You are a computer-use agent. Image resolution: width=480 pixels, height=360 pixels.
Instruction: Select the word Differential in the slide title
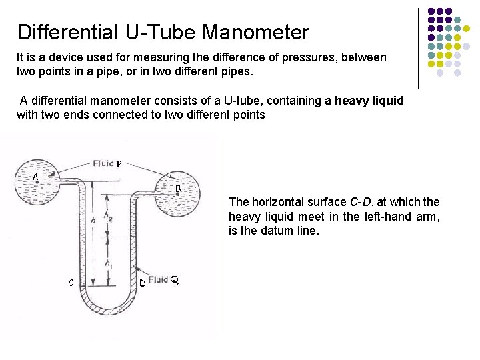(61, 31)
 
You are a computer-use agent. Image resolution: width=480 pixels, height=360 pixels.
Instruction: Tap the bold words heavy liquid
(369, 101)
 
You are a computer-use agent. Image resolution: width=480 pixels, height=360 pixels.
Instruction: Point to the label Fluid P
(107, 163)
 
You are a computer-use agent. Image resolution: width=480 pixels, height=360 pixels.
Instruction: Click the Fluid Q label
(163, 280)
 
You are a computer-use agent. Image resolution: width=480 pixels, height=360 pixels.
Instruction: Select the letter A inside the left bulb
(35, 177)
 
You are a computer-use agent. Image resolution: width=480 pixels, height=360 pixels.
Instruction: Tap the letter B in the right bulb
(178, 189)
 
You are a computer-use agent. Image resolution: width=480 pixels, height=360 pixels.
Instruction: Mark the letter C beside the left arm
(71, 282)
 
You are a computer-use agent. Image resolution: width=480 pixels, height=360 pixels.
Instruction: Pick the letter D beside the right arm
(142, 283)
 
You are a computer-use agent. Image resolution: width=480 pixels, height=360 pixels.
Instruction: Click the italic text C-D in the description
(361, 202)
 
